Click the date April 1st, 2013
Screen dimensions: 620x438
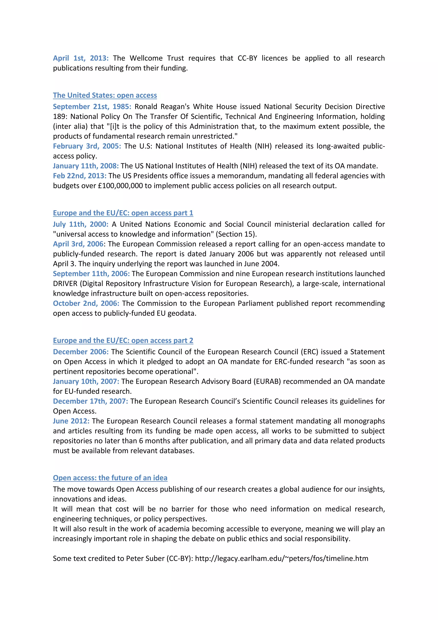pos(81,58)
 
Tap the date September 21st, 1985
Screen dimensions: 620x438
pos(92,107)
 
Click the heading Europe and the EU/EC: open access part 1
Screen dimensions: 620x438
pos(123,213)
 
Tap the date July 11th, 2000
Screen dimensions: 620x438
pos(81,224)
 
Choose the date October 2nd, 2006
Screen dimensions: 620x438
pos(86,304)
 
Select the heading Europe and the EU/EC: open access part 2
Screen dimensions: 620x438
pos(123,341)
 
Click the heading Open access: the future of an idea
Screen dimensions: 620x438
pos(110,478)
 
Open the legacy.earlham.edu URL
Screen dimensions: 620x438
pos(282,558)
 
